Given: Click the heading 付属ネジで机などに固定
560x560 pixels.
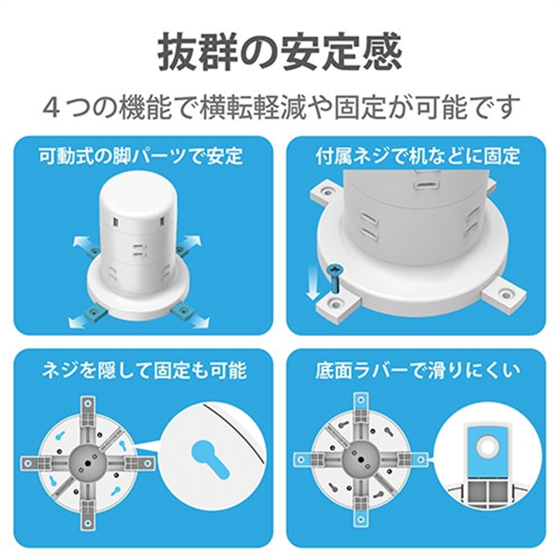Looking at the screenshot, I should (x=417, y=156).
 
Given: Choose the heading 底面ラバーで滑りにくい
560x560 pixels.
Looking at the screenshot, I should (x=417, y=370).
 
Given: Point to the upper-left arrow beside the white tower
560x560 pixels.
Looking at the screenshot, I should (x=82, y=243).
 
